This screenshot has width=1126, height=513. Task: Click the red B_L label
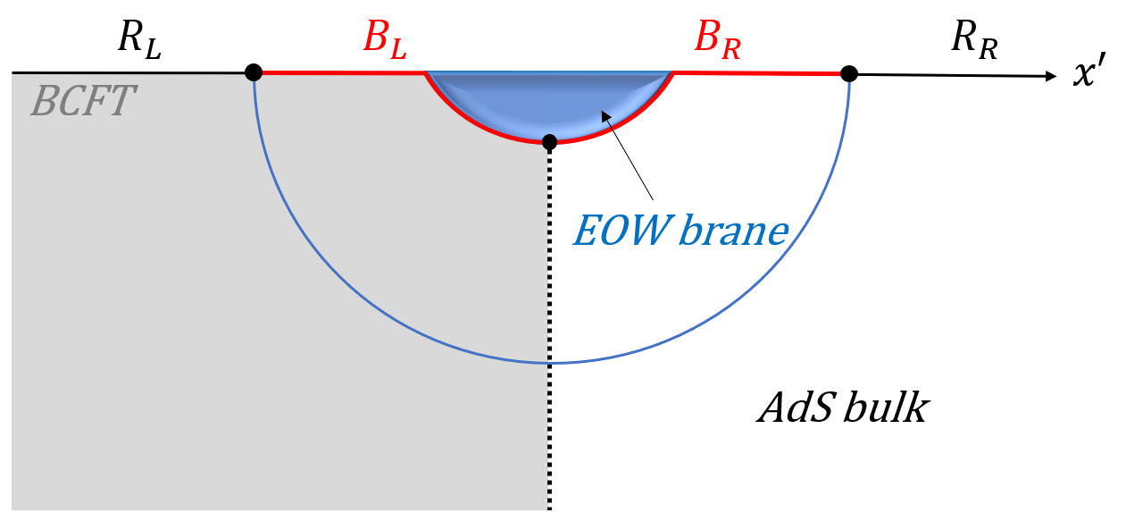click(x=384, y=40)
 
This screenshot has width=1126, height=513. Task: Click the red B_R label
click(x=717, y=40)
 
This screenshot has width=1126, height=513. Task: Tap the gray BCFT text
click(x=82, y=102)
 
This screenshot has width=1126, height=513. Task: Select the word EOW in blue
click(x=621, y=231)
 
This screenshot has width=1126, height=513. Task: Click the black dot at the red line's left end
click(x=254, y=72)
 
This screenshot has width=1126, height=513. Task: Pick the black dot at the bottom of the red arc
click(x=549, y=141)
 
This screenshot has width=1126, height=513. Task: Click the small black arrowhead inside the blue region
click(x=606, y=116)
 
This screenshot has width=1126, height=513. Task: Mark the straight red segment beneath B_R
click(x=755, y=72)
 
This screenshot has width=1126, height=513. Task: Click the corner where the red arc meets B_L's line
click(x=425, y=73)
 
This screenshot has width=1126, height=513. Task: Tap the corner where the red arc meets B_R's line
click(x=671, y=73)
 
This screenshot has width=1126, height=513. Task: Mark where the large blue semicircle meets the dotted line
click(x=548, y=363)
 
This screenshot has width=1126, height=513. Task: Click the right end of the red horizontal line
click(x=838, y=73)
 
